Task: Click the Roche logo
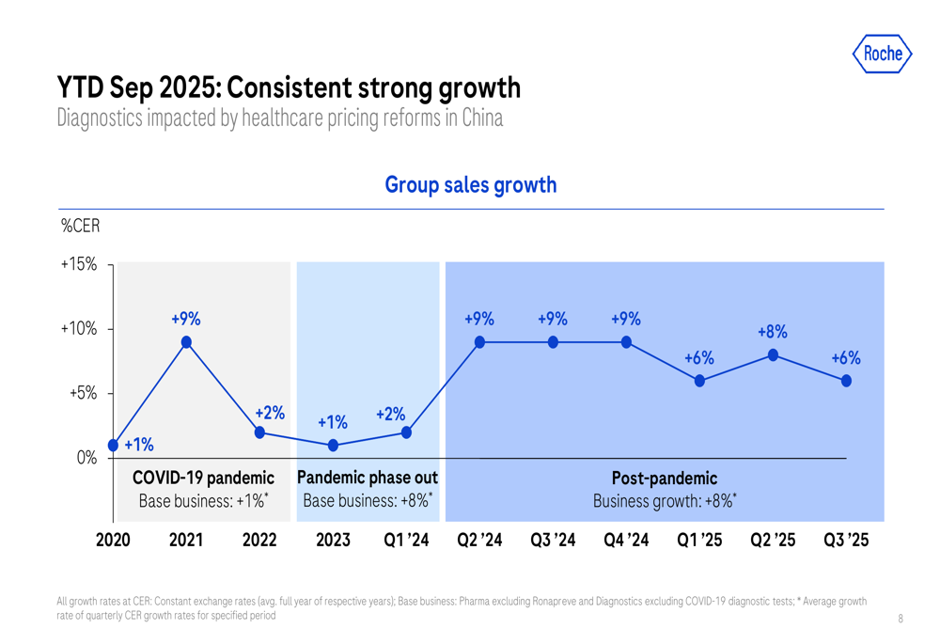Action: click(x=882, y=54)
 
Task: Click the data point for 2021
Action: click(x=186, y=342)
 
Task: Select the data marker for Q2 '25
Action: click(x=773, y=354)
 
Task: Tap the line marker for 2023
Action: click(x=333, y=446)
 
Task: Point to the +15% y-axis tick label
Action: click(x=79, y=265)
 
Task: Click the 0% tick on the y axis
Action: click(x=86, y=458)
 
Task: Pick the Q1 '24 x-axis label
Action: click(x=406, y=541)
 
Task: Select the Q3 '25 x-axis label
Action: click(x=846, y=541)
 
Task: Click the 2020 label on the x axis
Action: click(x=113, y=541)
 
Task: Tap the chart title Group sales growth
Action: click(x=470, y=185)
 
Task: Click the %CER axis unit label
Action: click(x=80, y=228)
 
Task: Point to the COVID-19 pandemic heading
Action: click(x=203, y=479)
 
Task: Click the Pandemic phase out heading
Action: click(x=368, y=478)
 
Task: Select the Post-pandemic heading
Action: click(x=664, y=479)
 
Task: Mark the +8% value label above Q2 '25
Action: click(x=773, y=332)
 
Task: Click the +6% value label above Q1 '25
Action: click(x=699, y=358)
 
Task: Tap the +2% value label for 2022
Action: click(x=271, y=412)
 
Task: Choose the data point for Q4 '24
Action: click(x=626, y=342)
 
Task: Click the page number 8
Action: click(x=901, y=619)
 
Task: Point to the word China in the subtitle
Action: click(x=483, y=118)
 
